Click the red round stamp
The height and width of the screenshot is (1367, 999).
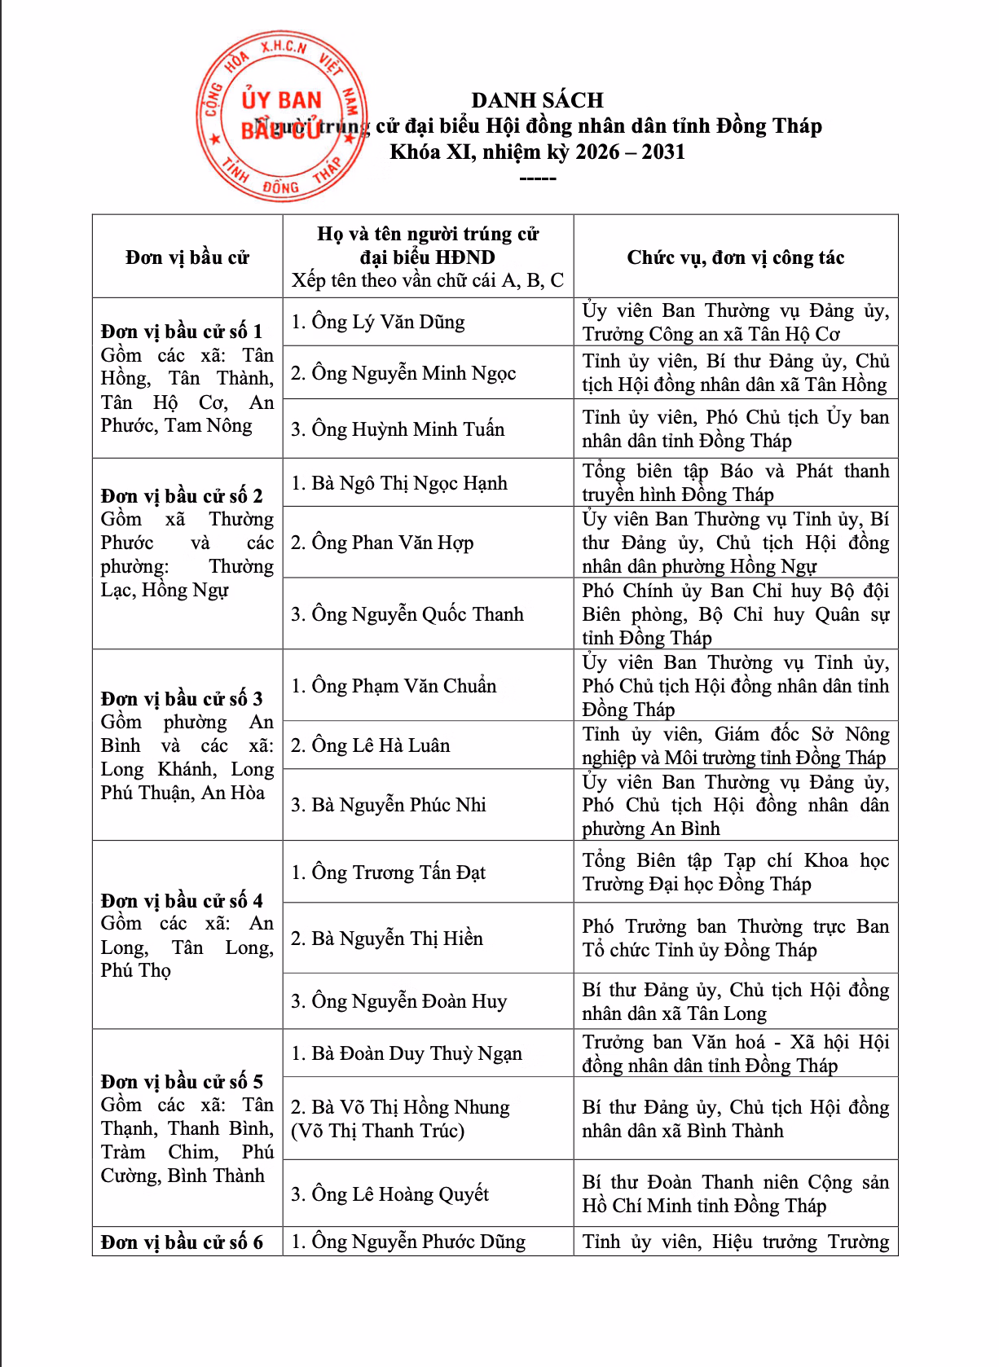tap(281, 116)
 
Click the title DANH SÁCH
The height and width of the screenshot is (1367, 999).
tap(537, 100)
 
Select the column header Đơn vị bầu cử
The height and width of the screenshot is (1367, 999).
tap(187, 257)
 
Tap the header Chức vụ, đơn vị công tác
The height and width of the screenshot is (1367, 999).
tap(735, 257)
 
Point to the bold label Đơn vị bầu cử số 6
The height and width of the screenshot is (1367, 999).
tap(182, 1242)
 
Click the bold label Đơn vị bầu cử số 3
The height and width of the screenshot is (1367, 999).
tap(182, 699)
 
